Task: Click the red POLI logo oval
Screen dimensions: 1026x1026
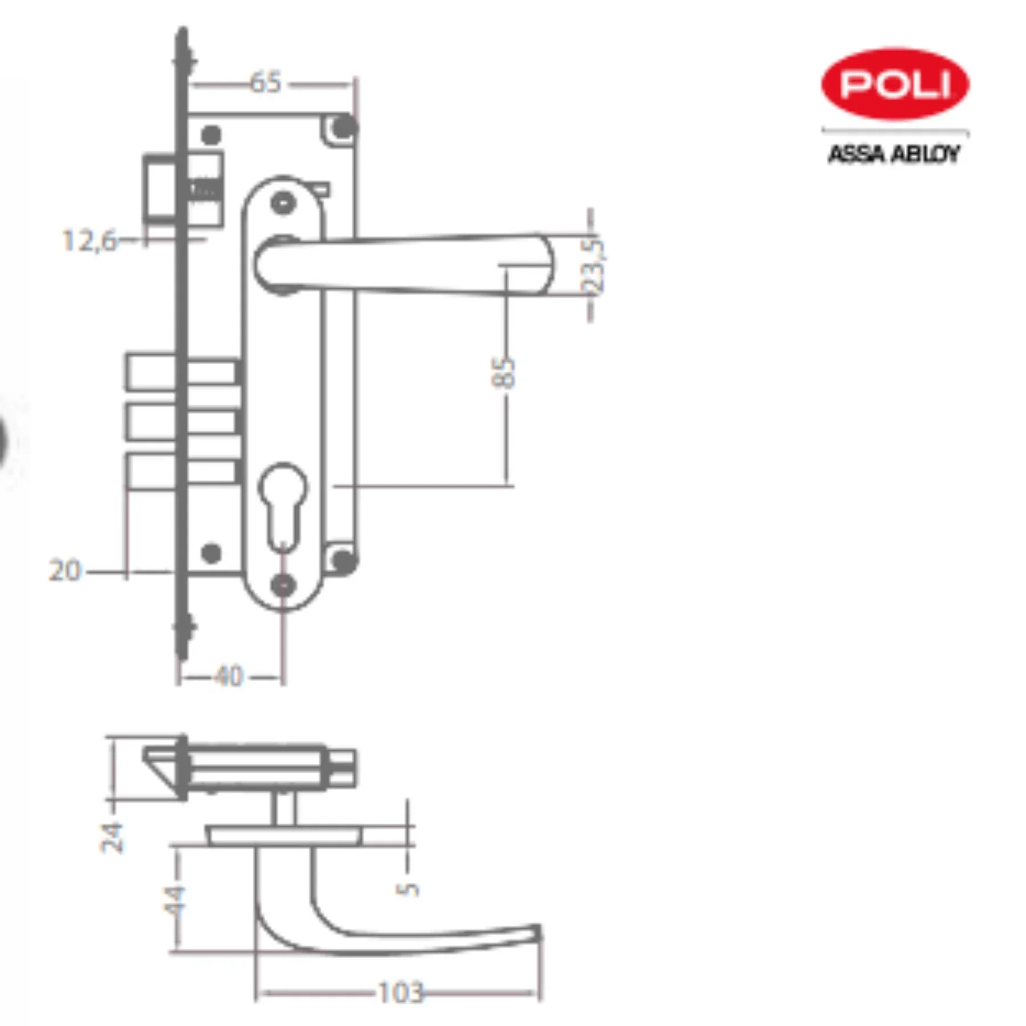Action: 894,84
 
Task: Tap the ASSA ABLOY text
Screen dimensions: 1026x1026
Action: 893,154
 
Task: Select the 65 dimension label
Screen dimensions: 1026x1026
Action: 266,83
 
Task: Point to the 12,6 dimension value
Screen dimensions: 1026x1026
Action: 88,241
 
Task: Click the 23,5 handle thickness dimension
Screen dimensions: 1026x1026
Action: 594,266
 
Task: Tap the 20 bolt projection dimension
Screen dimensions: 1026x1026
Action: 65,571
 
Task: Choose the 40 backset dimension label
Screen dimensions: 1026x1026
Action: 229,677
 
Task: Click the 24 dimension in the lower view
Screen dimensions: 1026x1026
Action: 112,837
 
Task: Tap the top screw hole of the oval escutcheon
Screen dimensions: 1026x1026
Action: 283,203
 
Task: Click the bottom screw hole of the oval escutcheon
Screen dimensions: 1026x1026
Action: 283,585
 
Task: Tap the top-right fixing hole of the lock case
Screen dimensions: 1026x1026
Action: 343,127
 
